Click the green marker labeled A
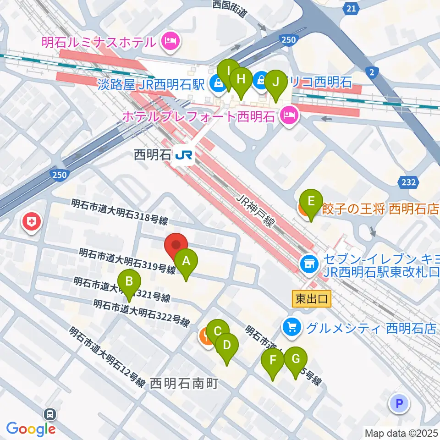186,262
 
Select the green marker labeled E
311,201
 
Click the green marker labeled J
275,82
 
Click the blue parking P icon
398,404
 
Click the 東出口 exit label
312,299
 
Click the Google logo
31,429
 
